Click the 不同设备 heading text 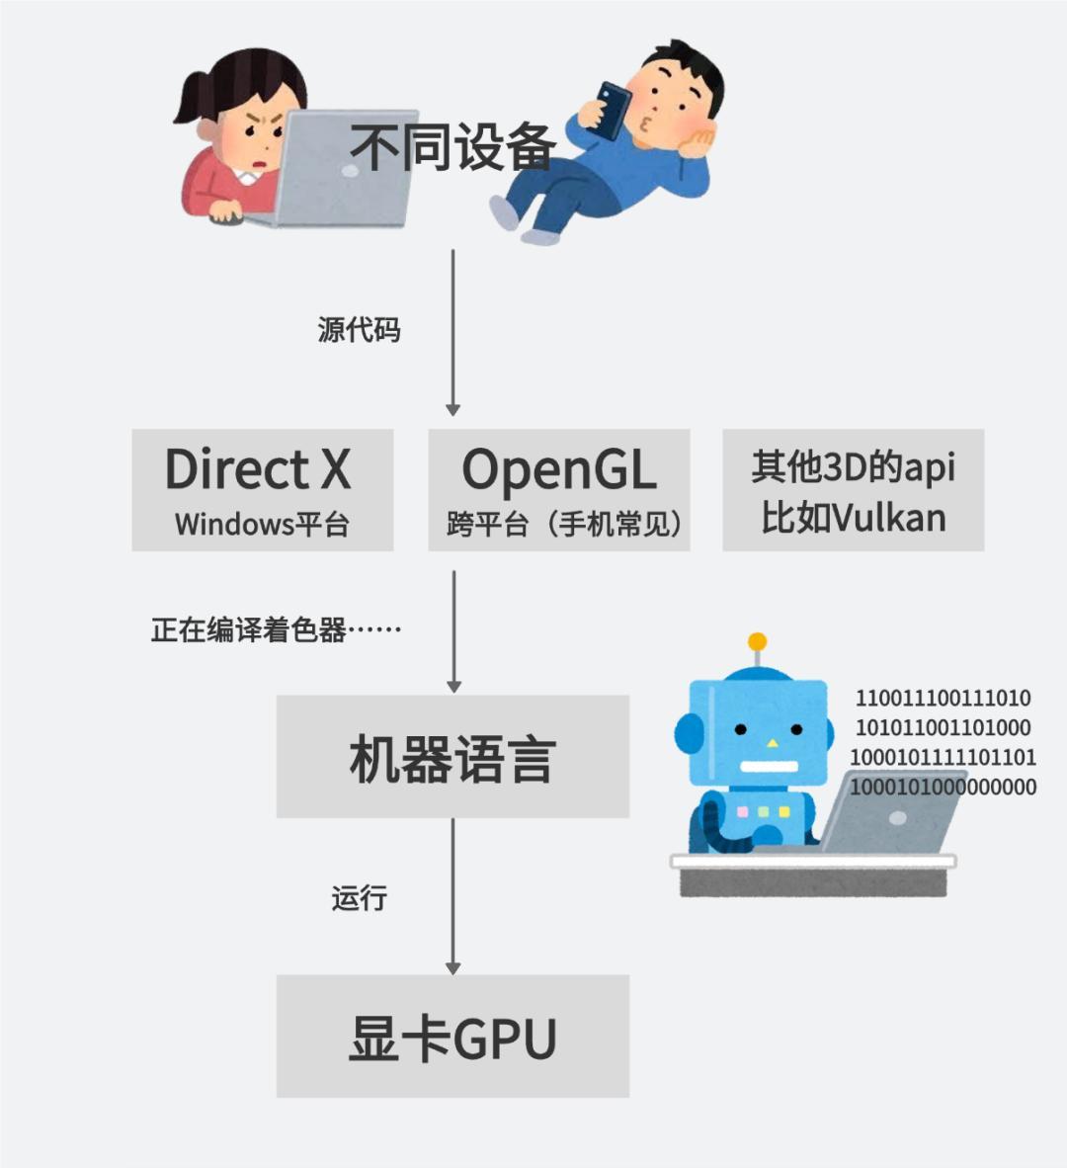click(452, 148)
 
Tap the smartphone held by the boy click(612, 108)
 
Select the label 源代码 click(359, 330)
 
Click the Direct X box click(262, 489)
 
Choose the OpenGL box click(558, 489)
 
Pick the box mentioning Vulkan click(853, 489)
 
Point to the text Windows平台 click(262, 524)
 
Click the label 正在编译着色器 click(276, 629)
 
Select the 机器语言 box click(452, 756)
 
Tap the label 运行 click(359, 898)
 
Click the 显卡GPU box click(452, 1036)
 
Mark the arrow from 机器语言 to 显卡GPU click(452, 895)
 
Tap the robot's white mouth click(768, 767)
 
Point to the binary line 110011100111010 click(943, 699)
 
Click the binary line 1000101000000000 click(944, 788)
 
